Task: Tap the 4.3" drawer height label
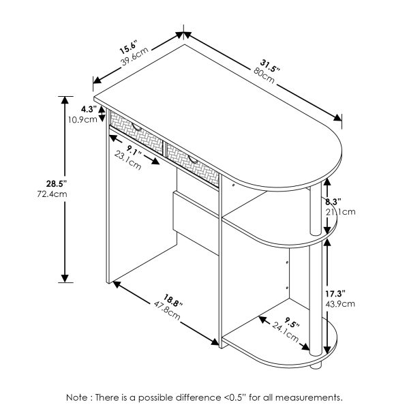pos(88,108)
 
